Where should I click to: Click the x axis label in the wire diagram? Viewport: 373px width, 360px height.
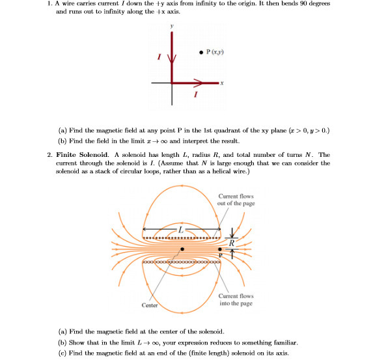point(221,83)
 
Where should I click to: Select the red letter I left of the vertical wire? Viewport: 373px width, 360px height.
point(156,59)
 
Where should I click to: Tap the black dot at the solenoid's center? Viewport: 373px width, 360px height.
point(182,249)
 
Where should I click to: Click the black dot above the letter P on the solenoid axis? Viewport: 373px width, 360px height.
point(219,249)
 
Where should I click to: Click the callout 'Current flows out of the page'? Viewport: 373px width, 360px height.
point(236,199)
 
